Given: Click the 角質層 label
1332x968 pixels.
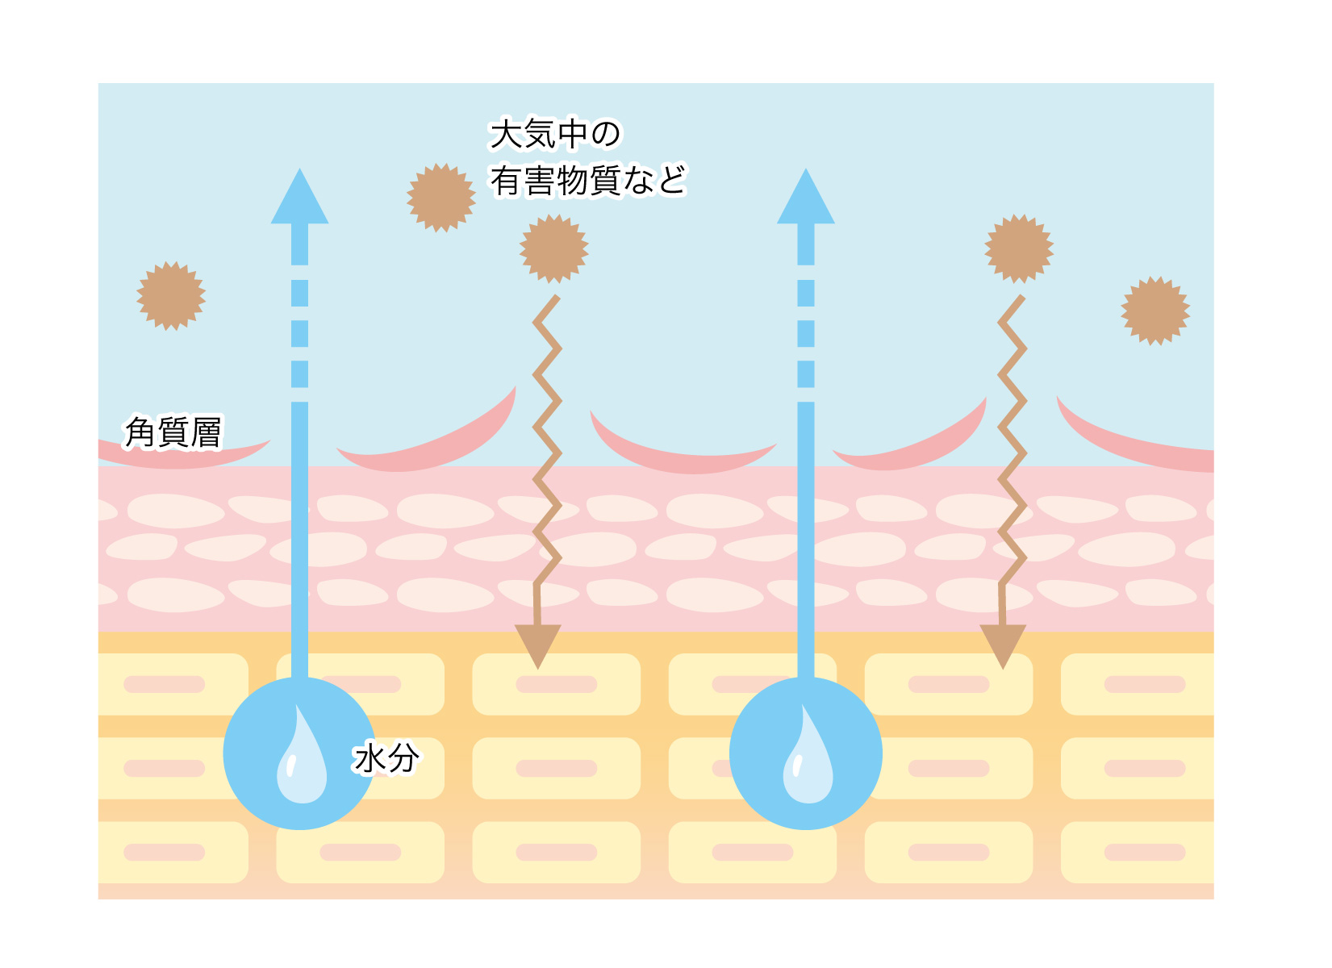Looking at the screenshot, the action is pos(173,432).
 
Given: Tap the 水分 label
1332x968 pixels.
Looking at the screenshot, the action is pos(386,758).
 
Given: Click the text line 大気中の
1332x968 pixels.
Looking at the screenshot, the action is pos(554,134).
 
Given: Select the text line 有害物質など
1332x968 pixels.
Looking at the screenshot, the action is pos(587,180).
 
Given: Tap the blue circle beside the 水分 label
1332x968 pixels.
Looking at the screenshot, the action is pos(299,753).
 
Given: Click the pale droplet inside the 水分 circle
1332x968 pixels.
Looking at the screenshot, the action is pos(302,756).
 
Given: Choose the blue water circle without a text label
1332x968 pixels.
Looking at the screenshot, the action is pos(806,753).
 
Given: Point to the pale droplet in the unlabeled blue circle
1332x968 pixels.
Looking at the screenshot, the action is pos(808,756).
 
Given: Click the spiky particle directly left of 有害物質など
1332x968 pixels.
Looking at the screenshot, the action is pos(441,198).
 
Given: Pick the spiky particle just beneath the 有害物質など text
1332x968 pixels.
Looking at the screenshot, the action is pos(554,249).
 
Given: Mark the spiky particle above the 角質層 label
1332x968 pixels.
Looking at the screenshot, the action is pos(171,296).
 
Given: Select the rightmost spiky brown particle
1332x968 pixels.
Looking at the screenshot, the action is pos(1155,311).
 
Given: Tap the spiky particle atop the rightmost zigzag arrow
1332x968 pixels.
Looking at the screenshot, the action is pos(1019,249).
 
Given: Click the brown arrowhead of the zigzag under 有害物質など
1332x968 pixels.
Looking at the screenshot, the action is pos(538,645).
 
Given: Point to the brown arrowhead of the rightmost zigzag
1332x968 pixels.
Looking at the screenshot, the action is pos(1003,645).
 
